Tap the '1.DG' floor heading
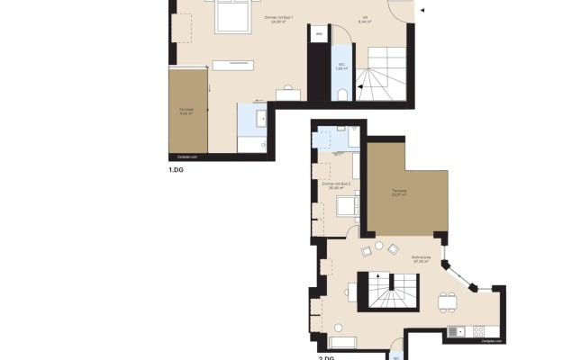click(177, 169)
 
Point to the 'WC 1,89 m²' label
click(342, 66)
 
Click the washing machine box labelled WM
click(320, 33)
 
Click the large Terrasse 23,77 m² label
click(399, 193)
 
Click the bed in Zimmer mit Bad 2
click(346, 206)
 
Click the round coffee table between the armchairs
click(379, 246)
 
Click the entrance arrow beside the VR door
click(424, 10)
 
